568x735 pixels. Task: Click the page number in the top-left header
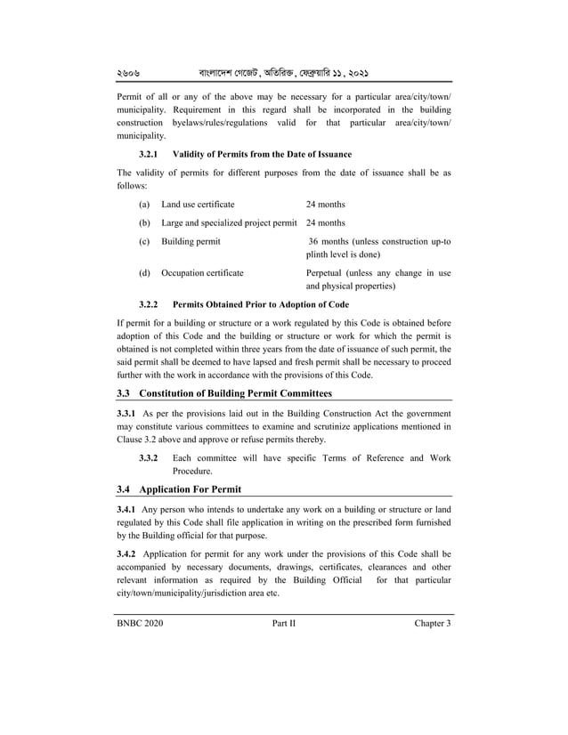(130, 70)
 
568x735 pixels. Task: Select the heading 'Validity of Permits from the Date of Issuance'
(262, 155)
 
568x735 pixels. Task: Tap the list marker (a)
(144, 205)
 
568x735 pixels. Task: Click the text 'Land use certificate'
(198, 205)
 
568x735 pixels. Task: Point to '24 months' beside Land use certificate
(325, 205)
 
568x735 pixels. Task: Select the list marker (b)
(144, 223)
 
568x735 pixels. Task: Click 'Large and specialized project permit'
(230, 223)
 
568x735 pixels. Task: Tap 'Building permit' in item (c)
(191, 241)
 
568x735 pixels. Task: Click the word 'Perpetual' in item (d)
(327, 273)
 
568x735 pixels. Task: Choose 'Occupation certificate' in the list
(202, 273)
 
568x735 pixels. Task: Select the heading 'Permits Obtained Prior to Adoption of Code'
(260, 304)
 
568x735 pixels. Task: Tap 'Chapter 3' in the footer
(433, 624)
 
